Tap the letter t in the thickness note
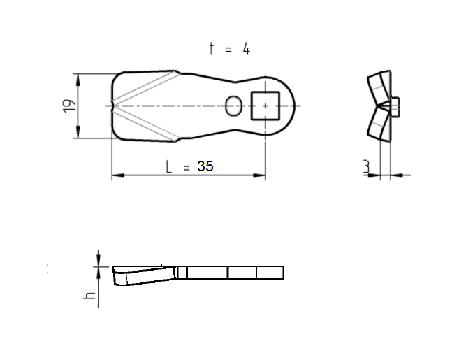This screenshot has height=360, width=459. (212, 48)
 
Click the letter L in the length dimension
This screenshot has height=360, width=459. (168, 166)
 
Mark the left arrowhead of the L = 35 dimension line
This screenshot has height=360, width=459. (117, 175)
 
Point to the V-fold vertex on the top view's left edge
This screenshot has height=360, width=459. (115, 106)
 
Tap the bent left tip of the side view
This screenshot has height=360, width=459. (117, 277)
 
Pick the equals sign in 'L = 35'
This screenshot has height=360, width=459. (187, 167)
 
